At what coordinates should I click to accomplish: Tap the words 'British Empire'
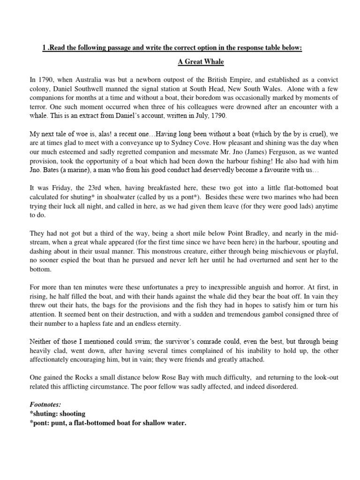click(230, 81)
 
